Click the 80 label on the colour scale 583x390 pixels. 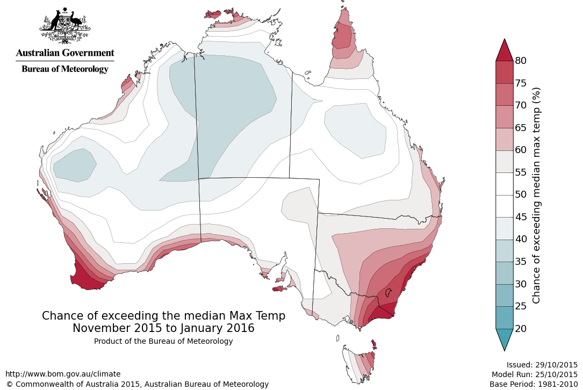click(x=520, y=61)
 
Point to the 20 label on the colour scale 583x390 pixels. click(x=520, y=328)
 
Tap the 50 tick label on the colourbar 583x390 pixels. click(x=520, y=194)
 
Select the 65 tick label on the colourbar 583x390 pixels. click(x=520, y=128)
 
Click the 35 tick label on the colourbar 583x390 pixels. click(x=520, y=262)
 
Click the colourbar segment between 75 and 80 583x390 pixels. click(x=504, y=72)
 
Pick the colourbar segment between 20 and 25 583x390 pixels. click(x=504, y=317)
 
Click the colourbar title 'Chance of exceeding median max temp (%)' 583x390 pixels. click(x=536, y=194)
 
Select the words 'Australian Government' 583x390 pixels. click(x=65, y=53)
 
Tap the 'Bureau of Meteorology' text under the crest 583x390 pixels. click(x=65, y=69)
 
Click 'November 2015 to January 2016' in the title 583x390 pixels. click(x=163, y=328)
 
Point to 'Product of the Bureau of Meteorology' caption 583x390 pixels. click(x=163, y=341)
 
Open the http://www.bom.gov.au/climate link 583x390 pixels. click(x=63, y=374)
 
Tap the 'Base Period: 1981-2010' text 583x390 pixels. click(x=534, y=384)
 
